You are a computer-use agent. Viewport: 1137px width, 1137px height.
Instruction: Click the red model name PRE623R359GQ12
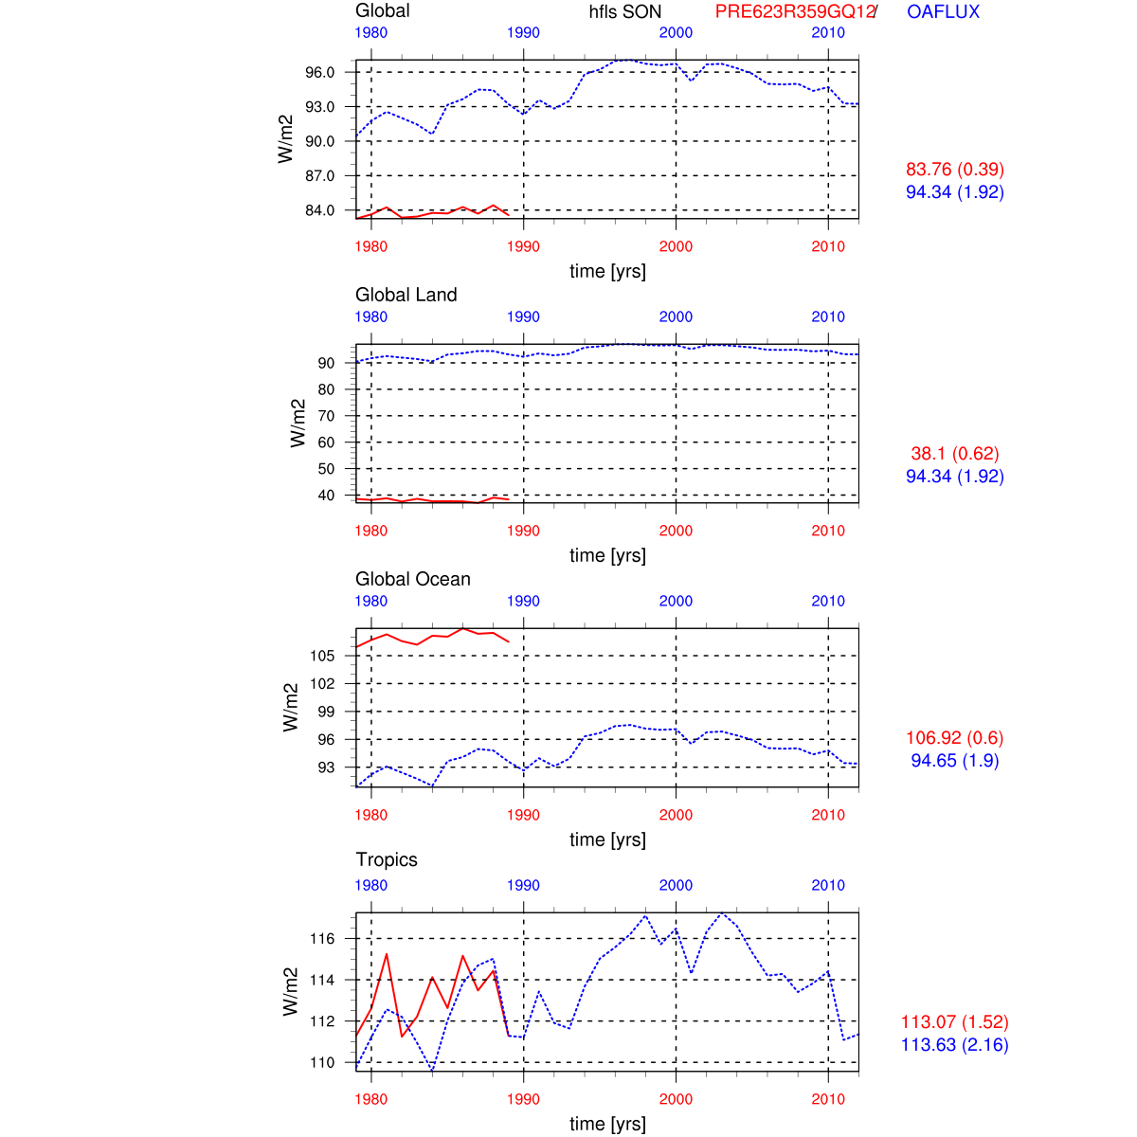(x=795, y=12)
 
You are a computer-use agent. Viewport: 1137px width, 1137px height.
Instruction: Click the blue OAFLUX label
(x=943, y=12)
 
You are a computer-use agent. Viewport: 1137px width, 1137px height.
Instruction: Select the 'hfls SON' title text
(x=625, y=12)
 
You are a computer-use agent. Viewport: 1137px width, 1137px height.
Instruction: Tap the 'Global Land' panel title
(x=406, y=295)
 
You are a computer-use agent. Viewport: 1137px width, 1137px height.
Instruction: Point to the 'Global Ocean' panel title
(x=412, y=579)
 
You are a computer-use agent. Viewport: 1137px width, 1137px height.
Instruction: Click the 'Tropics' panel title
(x=387, y=859)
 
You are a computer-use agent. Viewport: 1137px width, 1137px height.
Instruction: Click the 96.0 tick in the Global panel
(x=319, y=72)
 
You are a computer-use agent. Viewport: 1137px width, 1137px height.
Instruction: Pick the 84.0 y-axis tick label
(x=319, y=210)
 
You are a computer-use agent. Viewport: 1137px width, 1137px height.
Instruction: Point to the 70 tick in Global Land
(x=326, y=416)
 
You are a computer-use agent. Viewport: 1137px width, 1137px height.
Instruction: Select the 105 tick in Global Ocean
(x=322, y=656)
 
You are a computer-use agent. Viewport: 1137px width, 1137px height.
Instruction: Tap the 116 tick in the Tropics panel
(x=322, y=939)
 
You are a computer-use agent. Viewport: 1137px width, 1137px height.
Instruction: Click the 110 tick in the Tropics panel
(x=322, y=1062)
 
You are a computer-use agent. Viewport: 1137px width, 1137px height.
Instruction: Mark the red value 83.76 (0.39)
(x=955, y=170)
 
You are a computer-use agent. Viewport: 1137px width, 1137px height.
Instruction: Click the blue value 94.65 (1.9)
(x=955, y=761)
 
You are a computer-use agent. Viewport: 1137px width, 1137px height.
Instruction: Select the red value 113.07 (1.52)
(x=955, y=1022)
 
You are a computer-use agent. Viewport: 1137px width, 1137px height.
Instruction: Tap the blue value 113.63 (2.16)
(x=955, y=1045)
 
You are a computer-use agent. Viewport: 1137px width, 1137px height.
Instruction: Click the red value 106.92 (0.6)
(x=955, y=738)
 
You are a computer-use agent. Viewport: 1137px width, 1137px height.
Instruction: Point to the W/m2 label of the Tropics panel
(x=291, y=992)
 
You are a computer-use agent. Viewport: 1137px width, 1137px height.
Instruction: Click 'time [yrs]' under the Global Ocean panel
(x=607, y=839)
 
